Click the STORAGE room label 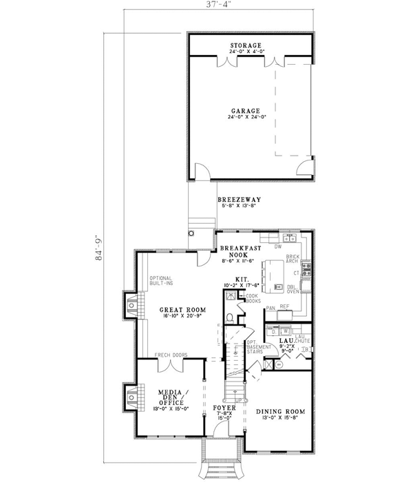(246, 45)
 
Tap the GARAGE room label (246, 110)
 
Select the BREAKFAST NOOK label (238, 252)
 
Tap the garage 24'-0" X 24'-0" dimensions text (246, 117)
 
